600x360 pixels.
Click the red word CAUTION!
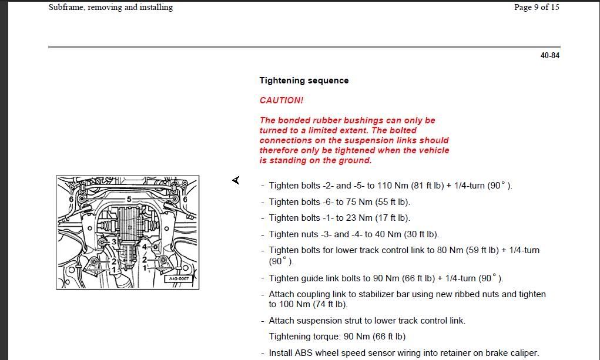[x=281, y=100]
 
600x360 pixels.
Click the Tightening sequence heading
[x=304, y=80]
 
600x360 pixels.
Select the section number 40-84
[x=549, y=56]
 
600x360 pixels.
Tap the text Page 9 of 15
[x=528, y=8]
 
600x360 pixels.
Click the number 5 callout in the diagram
[x=129, y=200]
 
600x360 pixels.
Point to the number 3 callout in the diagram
[x=113, y=241]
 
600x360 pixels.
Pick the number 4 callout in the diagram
[x=145, y=247]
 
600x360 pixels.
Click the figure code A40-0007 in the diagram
[x=179, y=278]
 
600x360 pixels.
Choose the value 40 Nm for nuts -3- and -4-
[x=388, y=234]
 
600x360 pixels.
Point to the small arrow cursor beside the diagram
[x=236, y=180]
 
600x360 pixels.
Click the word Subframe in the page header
[x=66, y=8]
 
